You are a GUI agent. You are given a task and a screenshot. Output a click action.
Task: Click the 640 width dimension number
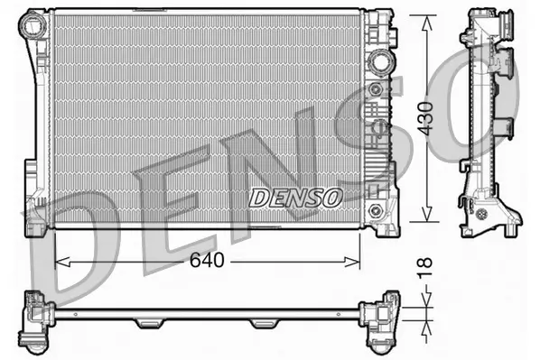point(205,262)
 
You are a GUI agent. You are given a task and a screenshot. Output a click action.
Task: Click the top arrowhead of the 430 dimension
point(427,20)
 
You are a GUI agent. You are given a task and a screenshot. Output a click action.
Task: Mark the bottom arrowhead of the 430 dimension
point(427,219)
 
